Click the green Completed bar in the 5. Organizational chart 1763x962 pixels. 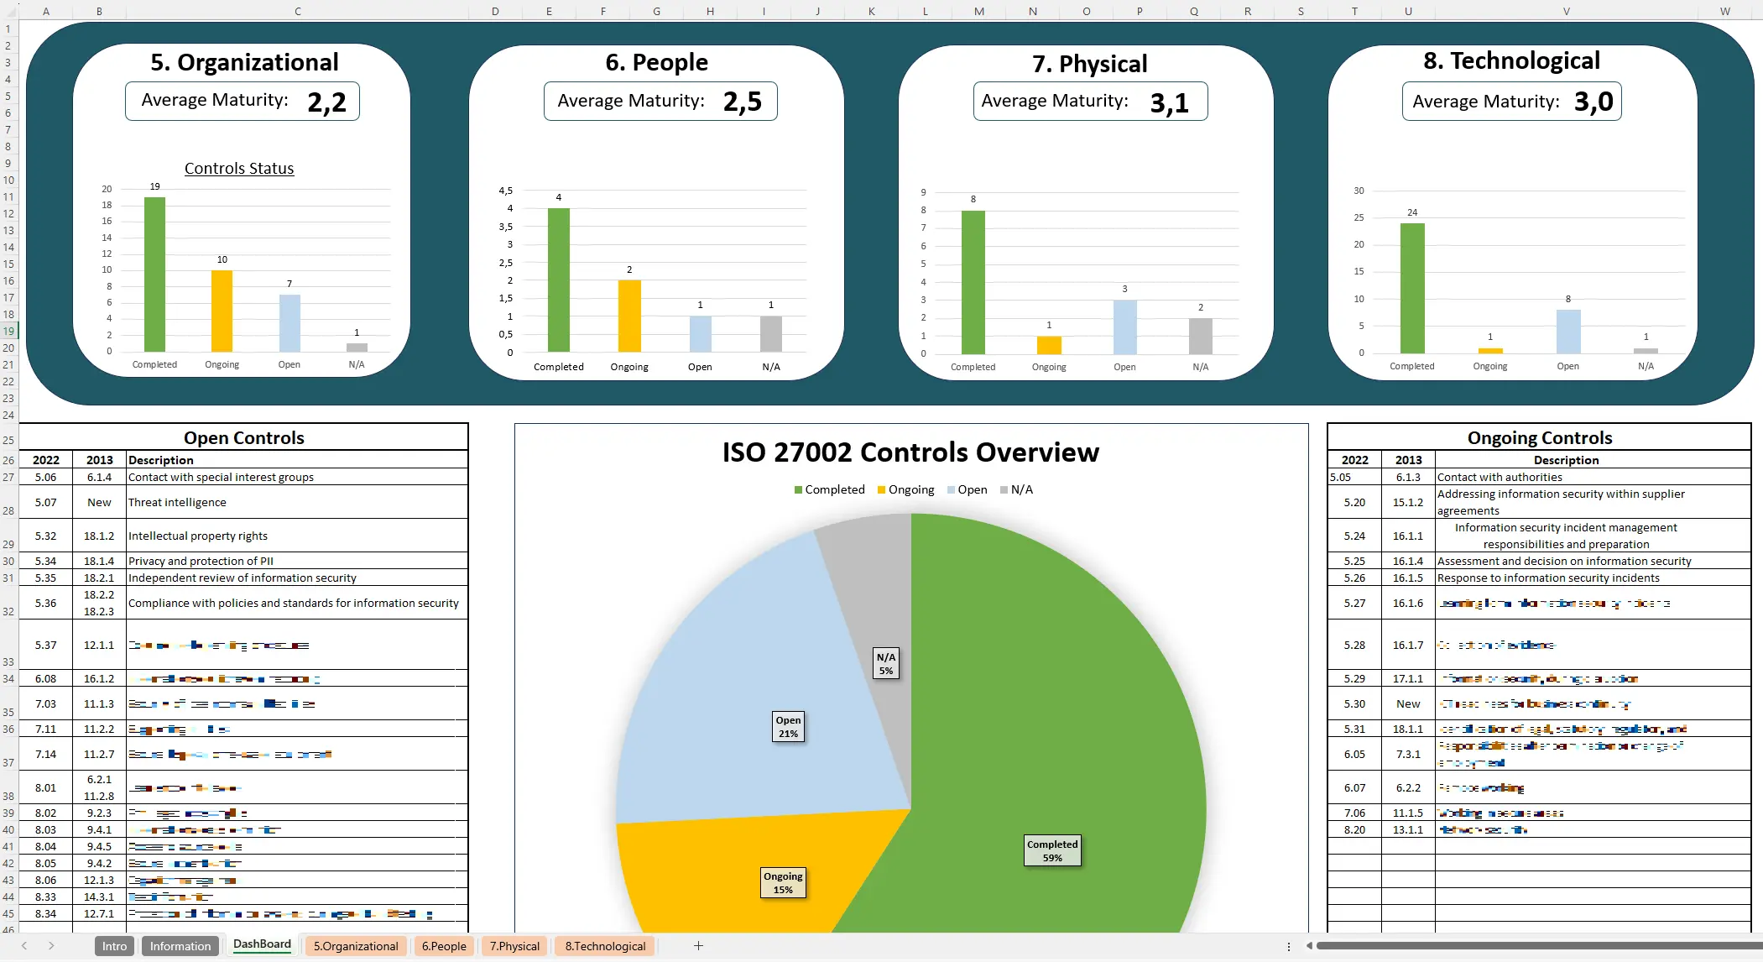pyautogui.click(x=154, y=274)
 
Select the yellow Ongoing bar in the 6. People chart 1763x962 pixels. pyautogui.click(x=629, y=316)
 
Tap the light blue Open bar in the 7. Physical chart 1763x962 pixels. pyautogui.click(x=1124, y=327)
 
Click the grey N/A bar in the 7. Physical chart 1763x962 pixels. pyautogui.click(x=1200, y=336)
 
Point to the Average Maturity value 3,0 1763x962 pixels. pyautogui.click(x=1593, y=102)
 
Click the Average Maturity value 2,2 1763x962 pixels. pyautogui.click(x=326, y=102)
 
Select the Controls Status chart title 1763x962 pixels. pyautogui.click(x=239, y=169)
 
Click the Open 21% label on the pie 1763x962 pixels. pyautogui.click(x=788, y=727)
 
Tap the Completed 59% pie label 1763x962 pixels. pyautogui.click(x=1051, y=851)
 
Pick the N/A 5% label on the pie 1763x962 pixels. pyautogui.click(x=886, y=663)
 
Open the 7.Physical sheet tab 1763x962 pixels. pyautogui.click(x=514, y=946)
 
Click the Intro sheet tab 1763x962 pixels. pyautogui.click(x=114, y=946)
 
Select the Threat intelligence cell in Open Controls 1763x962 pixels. pyautogui.click(x=177, y=502)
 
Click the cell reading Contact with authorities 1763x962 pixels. pyautogui.click(x=1500, y=477)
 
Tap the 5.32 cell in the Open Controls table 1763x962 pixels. pyautogui.click(x=45, y=536)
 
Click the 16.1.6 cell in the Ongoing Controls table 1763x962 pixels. pyautogui.click(x=1407, y=603)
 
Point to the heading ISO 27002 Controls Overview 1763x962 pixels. pyautogui.click(x=910, y=452)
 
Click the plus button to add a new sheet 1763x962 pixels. pyautogui.click(x=698, y=946)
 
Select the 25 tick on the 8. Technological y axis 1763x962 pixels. pyautogui.click(x=1358, y=217)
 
